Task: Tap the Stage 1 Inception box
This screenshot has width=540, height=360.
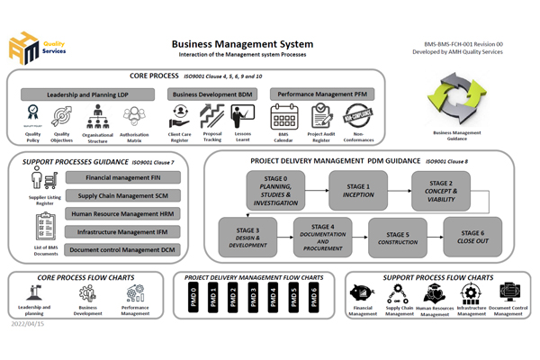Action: [356, 190]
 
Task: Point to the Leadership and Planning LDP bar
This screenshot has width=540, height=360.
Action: [87, 94]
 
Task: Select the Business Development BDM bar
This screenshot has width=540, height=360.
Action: [208, 94]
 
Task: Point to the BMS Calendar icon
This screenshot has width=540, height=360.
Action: [284, 116]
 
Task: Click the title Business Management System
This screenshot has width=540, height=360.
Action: [242, 43]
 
